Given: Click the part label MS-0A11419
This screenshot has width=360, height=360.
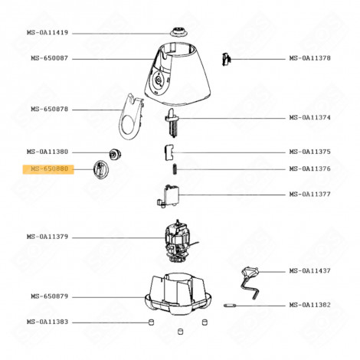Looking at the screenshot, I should (50, 33).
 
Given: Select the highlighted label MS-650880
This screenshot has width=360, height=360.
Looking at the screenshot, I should (50, 169).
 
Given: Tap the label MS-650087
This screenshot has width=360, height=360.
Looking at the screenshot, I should (50, 58).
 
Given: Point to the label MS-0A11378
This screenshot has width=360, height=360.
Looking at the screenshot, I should (309, 58).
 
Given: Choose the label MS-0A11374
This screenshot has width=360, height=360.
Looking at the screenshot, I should (309, 117).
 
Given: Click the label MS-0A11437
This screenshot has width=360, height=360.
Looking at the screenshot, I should (309, 271).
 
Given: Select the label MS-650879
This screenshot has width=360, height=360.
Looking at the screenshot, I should (50, 296).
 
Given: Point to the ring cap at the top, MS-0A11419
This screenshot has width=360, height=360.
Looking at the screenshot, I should (178, 33).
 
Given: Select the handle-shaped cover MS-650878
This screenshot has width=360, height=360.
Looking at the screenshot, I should (133, 116).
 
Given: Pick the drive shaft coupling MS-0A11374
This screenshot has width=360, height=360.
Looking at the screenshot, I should (173, 121).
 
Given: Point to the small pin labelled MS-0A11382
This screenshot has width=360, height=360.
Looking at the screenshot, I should (231, 305).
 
